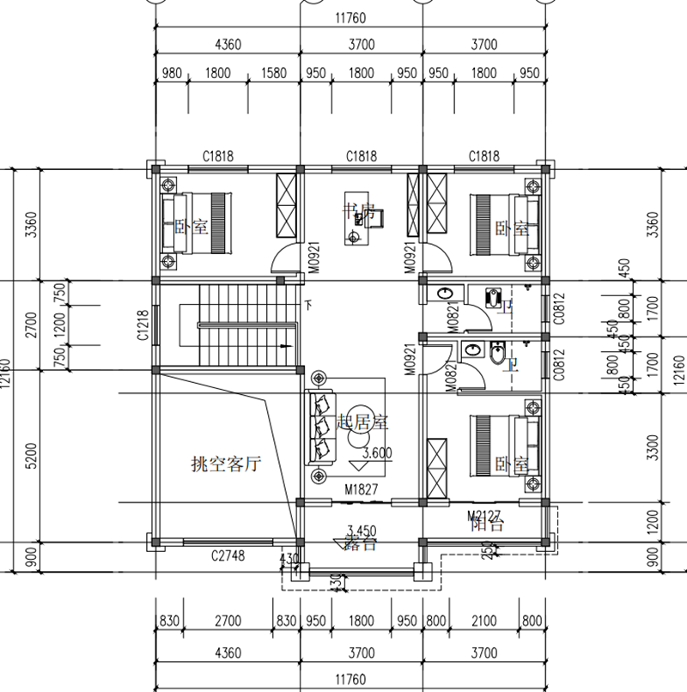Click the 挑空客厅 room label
[x=225, y=464]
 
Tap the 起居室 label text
[x=363, y=422]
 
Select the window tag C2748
[x=228, y=556]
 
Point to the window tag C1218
[x=143, y=326]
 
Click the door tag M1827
[x=362, y=489]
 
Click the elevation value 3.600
[x=379, y=453]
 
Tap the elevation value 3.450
[x=362, y=530]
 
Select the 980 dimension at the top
[x=172, y=73]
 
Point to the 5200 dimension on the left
[x=32, y=456]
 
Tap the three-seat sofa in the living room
[x=323, y=427]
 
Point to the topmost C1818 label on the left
[x=218, y=156]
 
